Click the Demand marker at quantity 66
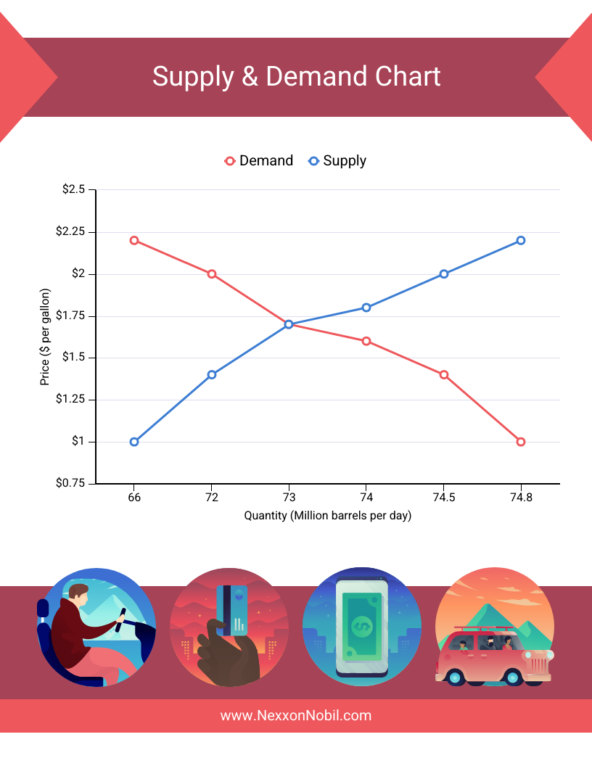pyautogui.click(x=134, y=240)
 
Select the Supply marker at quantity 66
pyautogui.click(x=134, y=442)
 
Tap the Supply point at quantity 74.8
pyautogui.click(x=521, y=240)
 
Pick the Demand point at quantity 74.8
pyautogui.click(x=521, y=442)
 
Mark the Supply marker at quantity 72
pyautogui.click(x=212, y=374)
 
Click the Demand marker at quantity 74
pyautogui.click(x=366, y=341)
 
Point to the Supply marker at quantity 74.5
pyautogui.click(x=444, y=274)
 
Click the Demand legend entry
pyautogui.click(x=259, y=161)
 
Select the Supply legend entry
pyautogui.click(x=337, y=161)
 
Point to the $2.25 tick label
pyautogui.click(x=70, y=232)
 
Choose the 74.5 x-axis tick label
pyautogui.click(x=444, y=498)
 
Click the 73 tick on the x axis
pyautogui.click(x=289, y=498)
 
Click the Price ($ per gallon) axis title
pyautogui.click(x=46, y=337)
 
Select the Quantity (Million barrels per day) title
pyautogui.click(x=328, y=516)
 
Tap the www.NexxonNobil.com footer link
pyautogui.click(x=296, y=715)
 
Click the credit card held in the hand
pyautogui.click(x=232, y=609)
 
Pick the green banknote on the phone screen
pyautogui.click(x=361, y=624)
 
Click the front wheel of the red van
pyautogui.click(x=513, y=678)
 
